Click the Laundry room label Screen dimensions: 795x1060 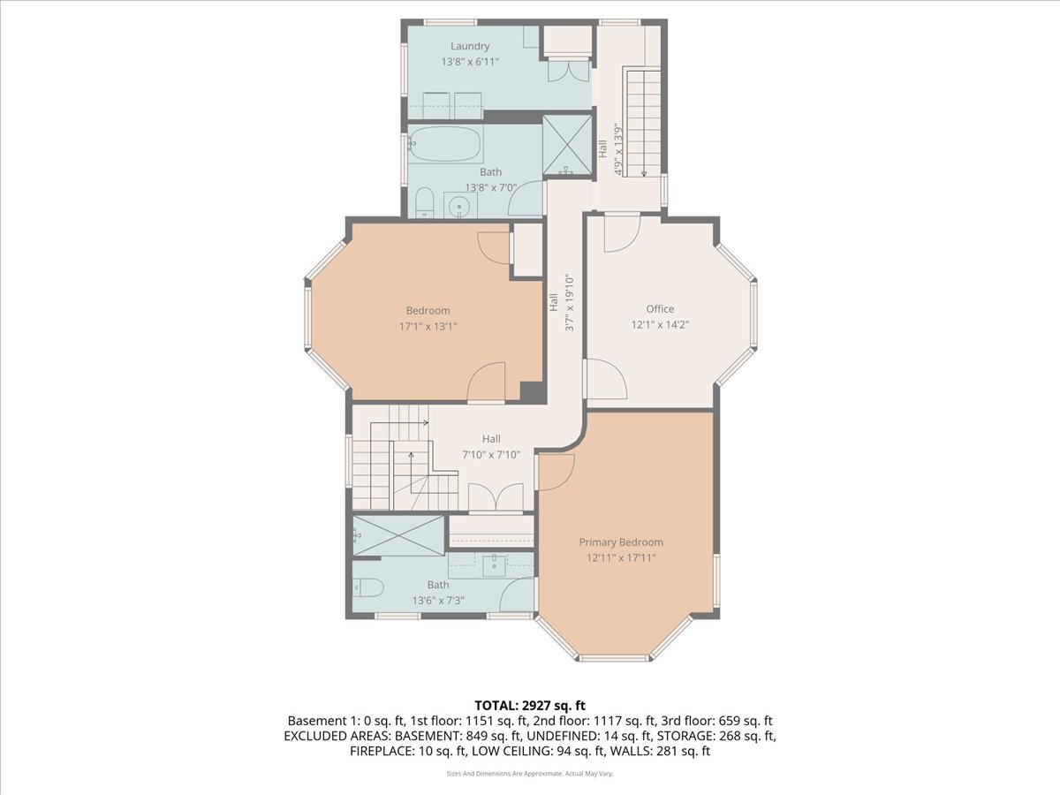click(x=470, y=46)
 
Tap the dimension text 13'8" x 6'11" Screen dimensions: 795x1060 click(x=470, y=63)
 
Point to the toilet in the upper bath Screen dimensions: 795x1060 click(x=424, y=202)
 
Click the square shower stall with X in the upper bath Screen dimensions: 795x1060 click(x=566, y=146)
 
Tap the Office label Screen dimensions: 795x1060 click(x=660, y=308)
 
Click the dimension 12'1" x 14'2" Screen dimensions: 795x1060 click(x=660, y=324)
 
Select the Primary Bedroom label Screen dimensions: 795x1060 click(x=621, y=542)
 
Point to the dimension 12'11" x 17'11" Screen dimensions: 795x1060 click(x=621, y=558)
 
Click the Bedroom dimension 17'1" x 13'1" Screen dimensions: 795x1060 click(x=428, y=326)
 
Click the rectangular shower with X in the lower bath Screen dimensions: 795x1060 click(x=398, y=536)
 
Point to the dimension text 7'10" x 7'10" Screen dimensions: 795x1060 click(x=491, y=455)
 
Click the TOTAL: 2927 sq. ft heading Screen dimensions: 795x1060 click(x=530, y=705)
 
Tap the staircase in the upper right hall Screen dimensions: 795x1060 click(x=644, y=124)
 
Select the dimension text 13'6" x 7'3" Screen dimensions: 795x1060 click(x=438, y=601)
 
